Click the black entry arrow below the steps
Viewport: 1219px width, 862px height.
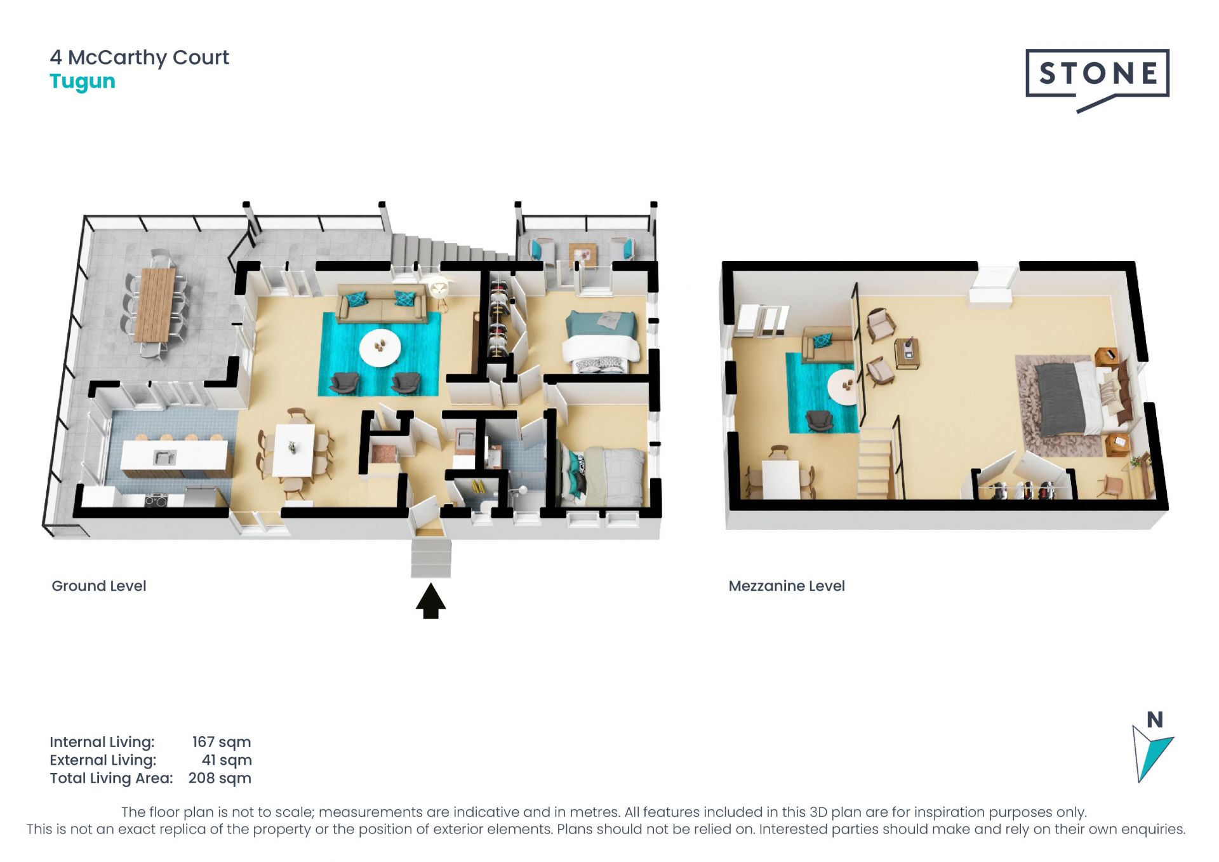coord(431,601)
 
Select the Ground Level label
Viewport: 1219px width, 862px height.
coord(99,586)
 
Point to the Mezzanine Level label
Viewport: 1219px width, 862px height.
coord(787,586)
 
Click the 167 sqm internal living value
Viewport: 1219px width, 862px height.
coord(222,742)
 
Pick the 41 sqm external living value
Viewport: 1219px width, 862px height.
coord(227,760)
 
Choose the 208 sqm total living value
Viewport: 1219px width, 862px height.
coord(220,778)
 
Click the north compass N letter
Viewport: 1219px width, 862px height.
coord(1155,720)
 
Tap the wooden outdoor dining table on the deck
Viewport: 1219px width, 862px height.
coord(156,304)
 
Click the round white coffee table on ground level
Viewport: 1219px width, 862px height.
coord(380,348)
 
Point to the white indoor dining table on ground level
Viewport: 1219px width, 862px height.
coord(293,450)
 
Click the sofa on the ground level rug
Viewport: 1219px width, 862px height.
coord(382,302)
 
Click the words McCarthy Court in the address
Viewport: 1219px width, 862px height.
coord(149,57)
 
